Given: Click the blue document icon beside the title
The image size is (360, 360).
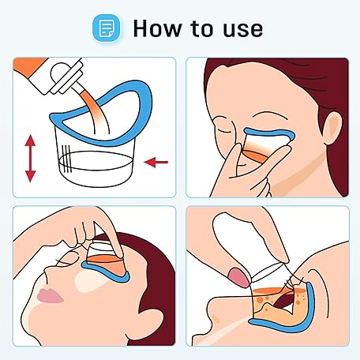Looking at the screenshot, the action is pyautogui.click(x=107, y=28).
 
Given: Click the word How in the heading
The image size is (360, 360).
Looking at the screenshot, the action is pyautogui.click(x=157, y=28).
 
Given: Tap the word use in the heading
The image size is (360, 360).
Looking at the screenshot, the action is pyautogui.click(x=242, y=29).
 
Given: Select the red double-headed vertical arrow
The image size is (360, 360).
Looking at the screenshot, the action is pyautogui.click(x=30, y=158).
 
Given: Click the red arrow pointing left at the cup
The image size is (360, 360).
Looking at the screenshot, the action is pyautogui.click(x=156, y=162).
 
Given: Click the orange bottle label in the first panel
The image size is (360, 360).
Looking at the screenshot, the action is pyautogui.click(x=29, y=66).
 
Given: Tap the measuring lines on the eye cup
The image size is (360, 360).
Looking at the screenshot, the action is pyautogui.click(x=66, y=158).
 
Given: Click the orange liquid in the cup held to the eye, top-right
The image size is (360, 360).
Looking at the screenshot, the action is pyautogui.click(x=255, y=156).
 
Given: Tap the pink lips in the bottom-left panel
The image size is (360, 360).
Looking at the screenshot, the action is pyautogui.click(x=49, y=296).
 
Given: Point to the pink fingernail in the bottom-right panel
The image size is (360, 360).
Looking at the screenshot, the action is pyautogui.click(x=238, y=277).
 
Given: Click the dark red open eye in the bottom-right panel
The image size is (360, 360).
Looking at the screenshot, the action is pyautogui.click(x=283, y=301).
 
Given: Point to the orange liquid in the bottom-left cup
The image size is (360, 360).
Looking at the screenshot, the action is pyautogui.click(x=105, y=259).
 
